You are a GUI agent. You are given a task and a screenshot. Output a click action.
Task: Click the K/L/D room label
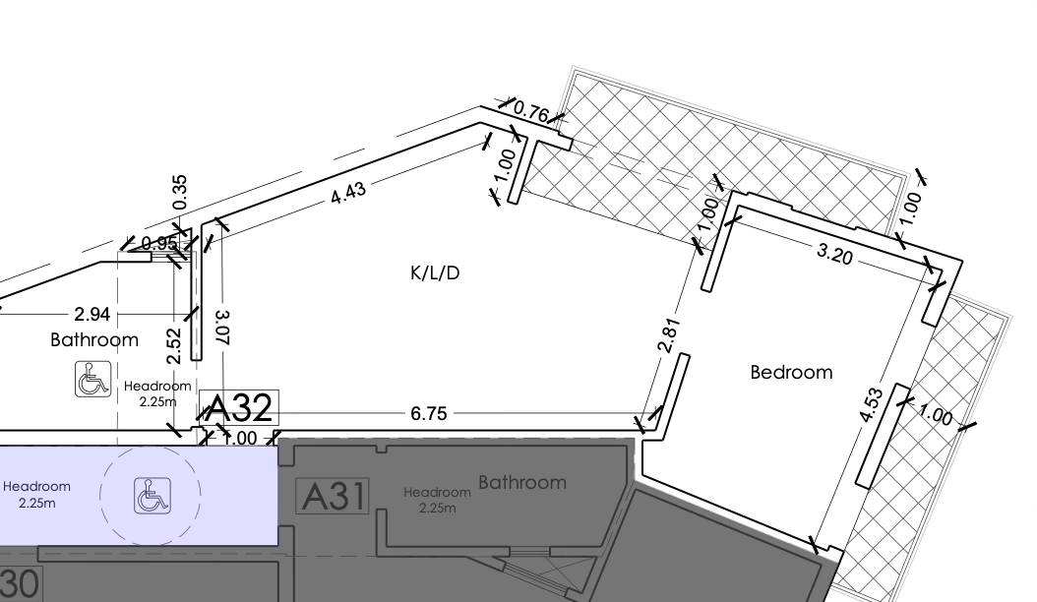[x=435, y=272]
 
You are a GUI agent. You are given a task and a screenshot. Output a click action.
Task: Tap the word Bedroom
[x=791, y=373]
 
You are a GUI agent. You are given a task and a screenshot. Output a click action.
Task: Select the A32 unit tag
[x=239, y=407]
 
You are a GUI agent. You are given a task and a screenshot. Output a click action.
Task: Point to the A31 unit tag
[x=333, y=496]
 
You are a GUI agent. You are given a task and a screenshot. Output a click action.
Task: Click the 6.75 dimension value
[x=429, y=413]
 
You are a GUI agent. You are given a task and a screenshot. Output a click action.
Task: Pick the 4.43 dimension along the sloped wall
[x=348, y=193]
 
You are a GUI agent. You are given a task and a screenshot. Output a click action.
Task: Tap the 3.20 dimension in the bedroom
[x=834, y=254]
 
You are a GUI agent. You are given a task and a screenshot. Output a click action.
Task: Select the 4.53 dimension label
[x=871, y=405]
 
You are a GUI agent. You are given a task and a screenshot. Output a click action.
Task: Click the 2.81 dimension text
[x=669, y=335]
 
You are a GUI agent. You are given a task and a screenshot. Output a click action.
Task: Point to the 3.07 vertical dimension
[x=223, y=328]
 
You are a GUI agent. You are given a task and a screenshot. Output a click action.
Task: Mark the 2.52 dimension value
[x=174, y=346]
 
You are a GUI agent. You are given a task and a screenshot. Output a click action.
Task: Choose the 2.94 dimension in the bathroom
[x=91, y=314]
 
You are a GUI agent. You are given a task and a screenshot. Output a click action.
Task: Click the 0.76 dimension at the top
[x=531, y=111]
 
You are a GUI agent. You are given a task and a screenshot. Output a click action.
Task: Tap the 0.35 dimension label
[x=180, y=193]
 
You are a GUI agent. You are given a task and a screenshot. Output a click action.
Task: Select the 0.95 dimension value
[x=159, y=243]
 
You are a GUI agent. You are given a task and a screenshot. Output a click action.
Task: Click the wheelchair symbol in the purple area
[x=152, y=496]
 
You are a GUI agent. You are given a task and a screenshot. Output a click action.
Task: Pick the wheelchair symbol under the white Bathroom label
[x=92, y=379]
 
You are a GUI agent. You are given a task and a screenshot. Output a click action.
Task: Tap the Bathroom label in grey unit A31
[x=522, y=482]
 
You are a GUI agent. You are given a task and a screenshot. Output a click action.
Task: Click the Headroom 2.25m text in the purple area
[x=36, y=494]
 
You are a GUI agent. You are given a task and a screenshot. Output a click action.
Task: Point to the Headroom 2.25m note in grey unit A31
[x=437, y=500]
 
